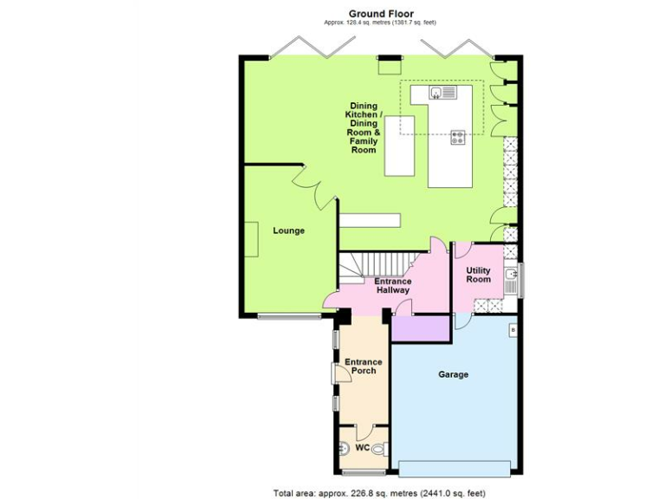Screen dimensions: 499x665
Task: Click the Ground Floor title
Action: tap(381, 13)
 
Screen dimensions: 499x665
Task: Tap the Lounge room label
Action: tap(288, 231)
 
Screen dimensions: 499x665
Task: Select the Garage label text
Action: tap(453, 375)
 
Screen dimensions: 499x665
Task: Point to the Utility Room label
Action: tap(478, 275)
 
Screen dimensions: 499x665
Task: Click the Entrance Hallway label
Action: tap(392, 286)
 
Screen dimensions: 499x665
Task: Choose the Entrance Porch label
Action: tap(360, 366)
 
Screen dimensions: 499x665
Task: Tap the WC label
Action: tap(362, 448)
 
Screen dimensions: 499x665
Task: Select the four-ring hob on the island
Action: tap(457, 134)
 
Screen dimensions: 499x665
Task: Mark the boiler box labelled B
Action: tap(513, 330)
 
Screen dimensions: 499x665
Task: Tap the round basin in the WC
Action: tap(343, 448)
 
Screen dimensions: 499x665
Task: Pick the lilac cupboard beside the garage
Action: tap(421, 328)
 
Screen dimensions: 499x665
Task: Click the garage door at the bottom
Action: tap(454, 469)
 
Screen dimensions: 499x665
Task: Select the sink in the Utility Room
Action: tap(512, 276)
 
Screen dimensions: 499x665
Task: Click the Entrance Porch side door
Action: tap(335, 373)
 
